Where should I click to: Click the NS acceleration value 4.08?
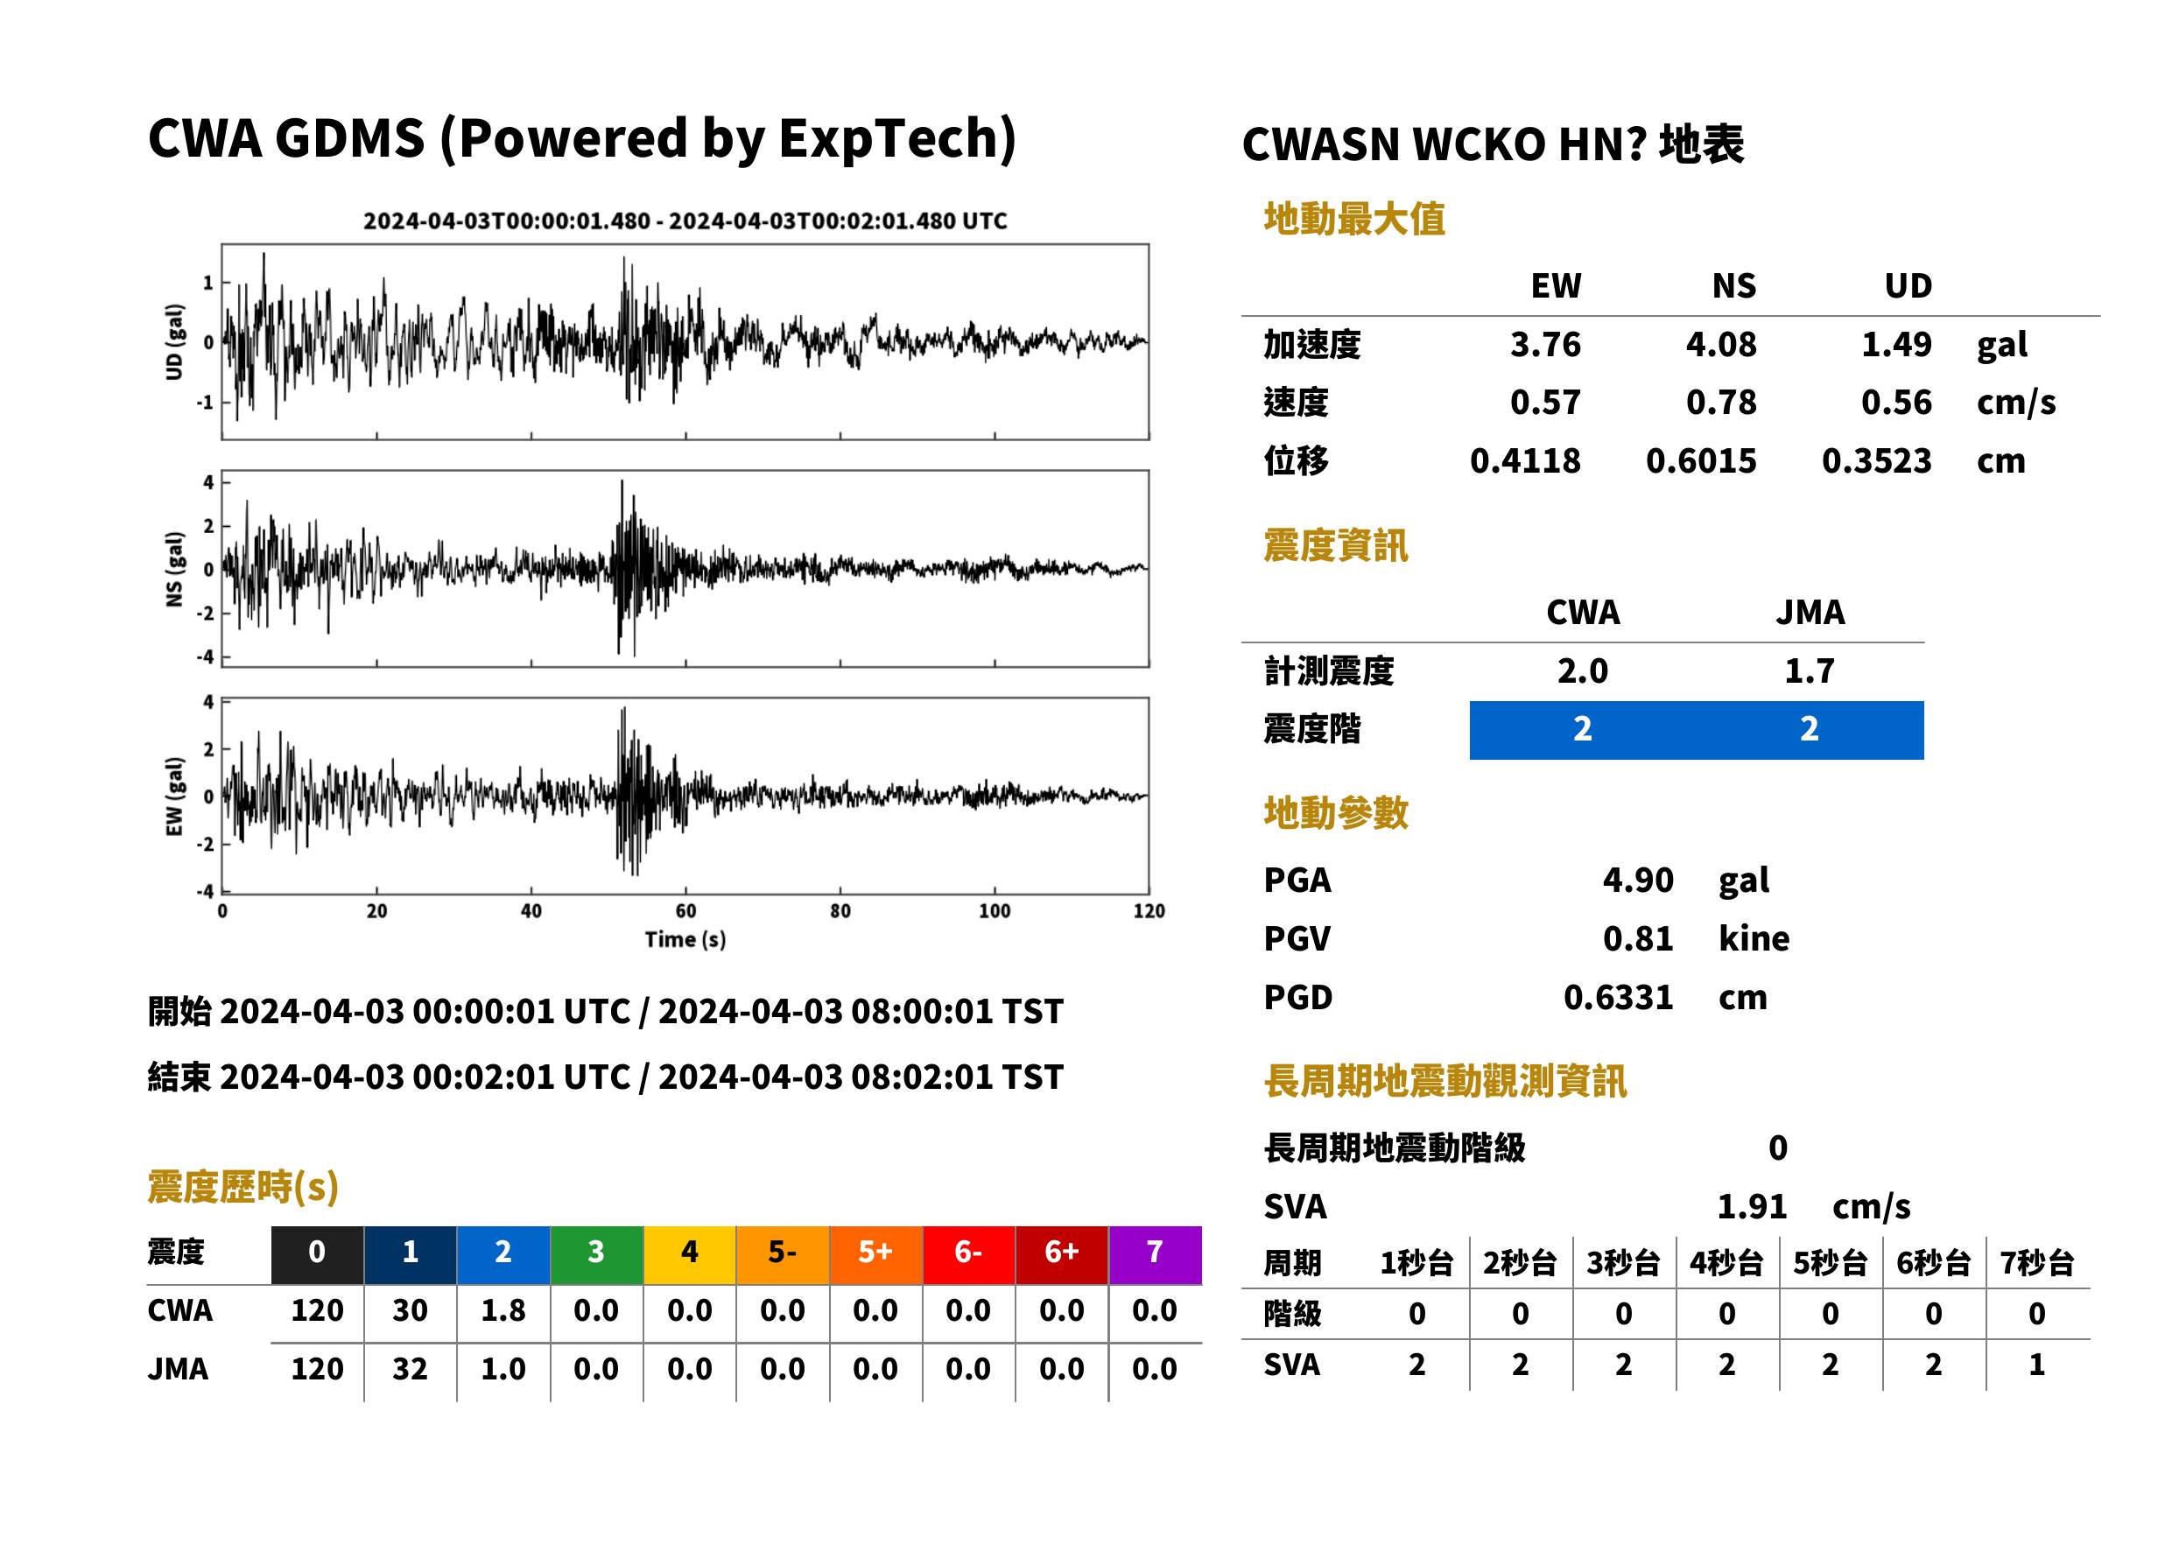[x=1720, y=344]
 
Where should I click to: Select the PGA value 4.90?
[x=1637, y=880]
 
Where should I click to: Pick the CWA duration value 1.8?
[x=503, y=1310]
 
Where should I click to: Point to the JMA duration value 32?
[x=410, y=1369]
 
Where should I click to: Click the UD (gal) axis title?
[x=174, y=342]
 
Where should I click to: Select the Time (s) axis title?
[x=685, y=940]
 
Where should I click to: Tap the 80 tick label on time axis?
[x=840, y=911]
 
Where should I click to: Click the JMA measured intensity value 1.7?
[x=1809, y=670]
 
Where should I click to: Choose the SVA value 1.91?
[x=1752, y=1206]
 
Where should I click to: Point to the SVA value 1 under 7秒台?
[x=2037, y=1365]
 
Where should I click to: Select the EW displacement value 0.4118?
[x=1525, y=460]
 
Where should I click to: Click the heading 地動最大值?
[x=1354, y=219]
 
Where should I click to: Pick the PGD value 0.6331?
[x=1618, y=997]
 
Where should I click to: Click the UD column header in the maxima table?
[x=1908, y=285]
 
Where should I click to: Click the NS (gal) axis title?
[x=174, y=569]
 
